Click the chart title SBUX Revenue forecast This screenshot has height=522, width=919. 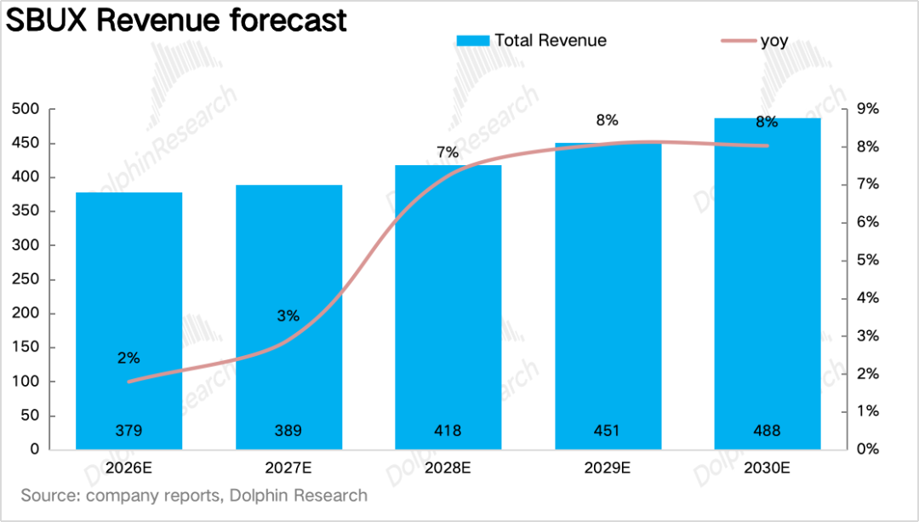[x=176, y=20]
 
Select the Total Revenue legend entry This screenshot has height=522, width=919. [x=532, y=41]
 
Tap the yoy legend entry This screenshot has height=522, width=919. [x=755, y=41]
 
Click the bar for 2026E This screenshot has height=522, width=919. [x=129, y=321]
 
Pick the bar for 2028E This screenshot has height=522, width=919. [x=448, y=307]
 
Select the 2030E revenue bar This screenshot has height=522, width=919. [x=768, y=284]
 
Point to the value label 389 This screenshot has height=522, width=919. [x=288, y=431]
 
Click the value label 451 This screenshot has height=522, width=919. [x=607, y=431]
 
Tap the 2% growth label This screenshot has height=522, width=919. [x=128, y=358]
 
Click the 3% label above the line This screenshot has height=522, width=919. [x=288, y=316]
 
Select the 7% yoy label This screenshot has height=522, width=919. [x=448, y=152]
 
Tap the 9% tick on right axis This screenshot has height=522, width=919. [x=867, y=109]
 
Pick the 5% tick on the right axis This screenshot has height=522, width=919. [x=867, y=261]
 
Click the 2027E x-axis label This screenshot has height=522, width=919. [x=288, y=468]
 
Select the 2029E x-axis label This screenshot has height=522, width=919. [x=608, y=468]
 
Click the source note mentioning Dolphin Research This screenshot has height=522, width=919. [x=194, y=496]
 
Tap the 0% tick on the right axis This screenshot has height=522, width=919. [x=867, y=450]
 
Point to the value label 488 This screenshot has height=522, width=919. [x=767, y=431]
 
